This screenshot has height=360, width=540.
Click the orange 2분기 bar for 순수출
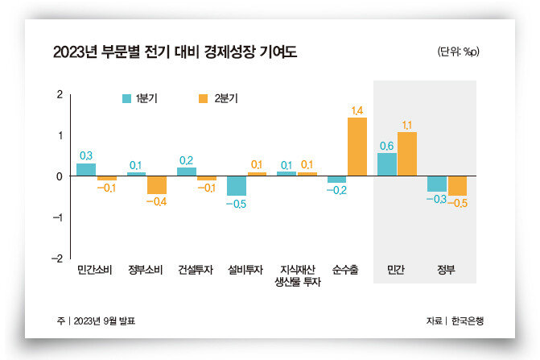(357, 147)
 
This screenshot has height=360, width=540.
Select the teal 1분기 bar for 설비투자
(237, 185)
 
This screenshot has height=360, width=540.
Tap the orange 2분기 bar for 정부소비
(156, 184)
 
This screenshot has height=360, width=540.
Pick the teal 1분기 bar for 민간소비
(86, 169)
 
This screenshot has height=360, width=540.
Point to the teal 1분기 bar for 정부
(437, 184)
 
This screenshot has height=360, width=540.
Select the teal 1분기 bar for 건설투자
(187, 172)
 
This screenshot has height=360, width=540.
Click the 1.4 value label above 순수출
(357, 110)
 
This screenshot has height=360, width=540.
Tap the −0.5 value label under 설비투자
(236, 204)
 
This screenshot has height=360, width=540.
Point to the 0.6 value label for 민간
(386, 146)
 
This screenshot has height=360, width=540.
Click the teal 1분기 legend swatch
(126, 99)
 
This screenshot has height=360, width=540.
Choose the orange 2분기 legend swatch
(202, 99)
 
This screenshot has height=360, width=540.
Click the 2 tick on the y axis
(59, 94)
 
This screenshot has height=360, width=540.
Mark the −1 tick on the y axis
(57, 217)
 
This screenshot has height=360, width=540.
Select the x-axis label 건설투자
(196, 270)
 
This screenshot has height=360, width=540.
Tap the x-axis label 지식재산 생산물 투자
(296, 275)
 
